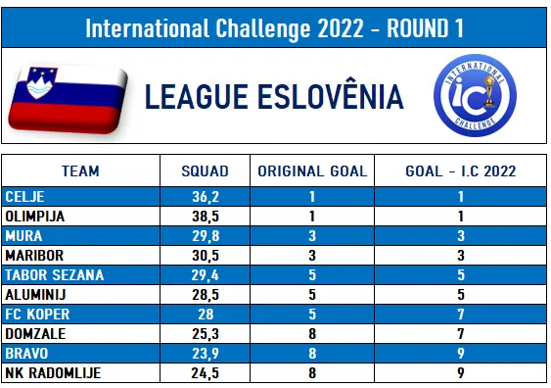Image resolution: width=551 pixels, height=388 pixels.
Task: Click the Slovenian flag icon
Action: point(69,100)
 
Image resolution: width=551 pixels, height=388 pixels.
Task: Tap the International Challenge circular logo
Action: point(475,95)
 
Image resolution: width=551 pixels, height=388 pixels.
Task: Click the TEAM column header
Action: point(80,171)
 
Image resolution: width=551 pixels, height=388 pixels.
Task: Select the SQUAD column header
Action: point(205,171)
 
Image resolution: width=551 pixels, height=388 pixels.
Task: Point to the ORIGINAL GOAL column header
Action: point(312,171)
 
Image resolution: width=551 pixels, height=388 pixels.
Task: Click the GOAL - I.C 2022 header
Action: point(461,171)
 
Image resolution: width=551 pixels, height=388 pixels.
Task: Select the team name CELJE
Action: point(24,197)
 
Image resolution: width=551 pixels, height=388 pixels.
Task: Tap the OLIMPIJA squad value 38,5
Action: point(206,217)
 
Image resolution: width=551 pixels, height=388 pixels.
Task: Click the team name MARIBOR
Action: point(34,256)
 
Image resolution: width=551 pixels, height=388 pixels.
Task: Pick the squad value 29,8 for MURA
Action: point(206,236)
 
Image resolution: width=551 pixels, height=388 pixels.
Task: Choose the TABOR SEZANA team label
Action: point(55,275)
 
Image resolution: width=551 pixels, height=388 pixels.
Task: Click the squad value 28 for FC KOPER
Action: point(206,315)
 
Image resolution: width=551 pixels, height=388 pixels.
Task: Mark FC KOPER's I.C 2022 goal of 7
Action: point(461,315)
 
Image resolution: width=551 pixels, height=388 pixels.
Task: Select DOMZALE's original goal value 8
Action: point(312,334)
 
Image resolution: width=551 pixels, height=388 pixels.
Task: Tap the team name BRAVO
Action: point(26,354)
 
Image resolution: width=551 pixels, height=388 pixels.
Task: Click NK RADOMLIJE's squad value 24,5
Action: point(206,373)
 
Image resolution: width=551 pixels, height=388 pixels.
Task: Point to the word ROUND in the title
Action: point(418,28)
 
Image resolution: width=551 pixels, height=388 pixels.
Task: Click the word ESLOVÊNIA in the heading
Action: point(331,96)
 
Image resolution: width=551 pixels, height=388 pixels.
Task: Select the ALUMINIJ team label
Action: point(35,295)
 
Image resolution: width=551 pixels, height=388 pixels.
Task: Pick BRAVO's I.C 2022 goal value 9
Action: point(461,354)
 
